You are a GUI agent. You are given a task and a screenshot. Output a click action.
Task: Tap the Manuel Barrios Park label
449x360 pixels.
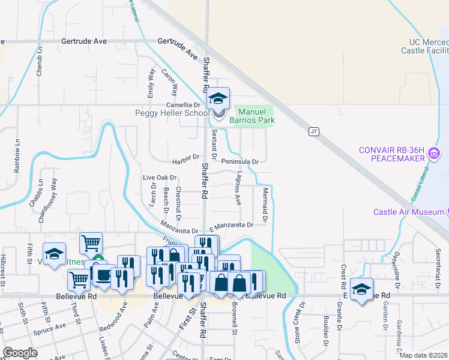[252, 116]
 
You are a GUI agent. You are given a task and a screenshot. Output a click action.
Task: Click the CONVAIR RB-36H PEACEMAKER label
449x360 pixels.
[392, 154]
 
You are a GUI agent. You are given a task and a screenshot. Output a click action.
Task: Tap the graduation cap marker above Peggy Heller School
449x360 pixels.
[218, 98]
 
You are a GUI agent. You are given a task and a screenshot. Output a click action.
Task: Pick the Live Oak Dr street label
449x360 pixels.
[160, 178]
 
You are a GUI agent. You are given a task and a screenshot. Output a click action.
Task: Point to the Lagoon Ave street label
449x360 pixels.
[238, 190]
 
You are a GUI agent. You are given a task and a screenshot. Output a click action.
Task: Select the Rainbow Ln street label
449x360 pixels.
[17, 157]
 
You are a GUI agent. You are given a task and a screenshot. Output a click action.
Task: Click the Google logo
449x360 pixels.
[19, 353]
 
